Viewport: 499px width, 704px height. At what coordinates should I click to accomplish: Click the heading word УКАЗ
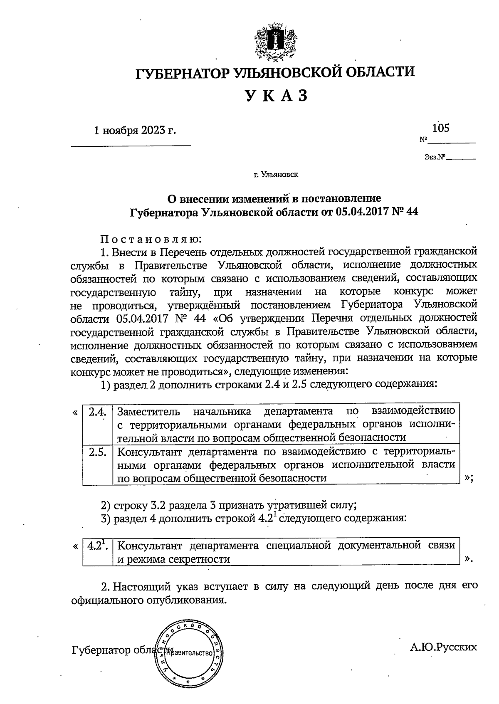[276, 96]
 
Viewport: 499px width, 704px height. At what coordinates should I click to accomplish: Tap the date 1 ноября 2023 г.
[135, 131]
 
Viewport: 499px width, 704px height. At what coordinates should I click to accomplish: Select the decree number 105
[441, 128]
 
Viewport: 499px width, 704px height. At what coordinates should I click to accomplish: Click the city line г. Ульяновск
[276, 175]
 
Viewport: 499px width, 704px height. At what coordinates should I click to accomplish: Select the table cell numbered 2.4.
[98, 412]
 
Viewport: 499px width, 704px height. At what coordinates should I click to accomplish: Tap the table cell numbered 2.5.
[98, 452]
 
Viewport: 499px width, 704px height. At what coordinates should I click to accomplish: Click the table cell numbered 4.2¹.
[98, 546]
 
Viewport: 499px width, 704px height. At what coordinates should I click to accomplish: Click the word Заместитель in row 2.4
[148, 412]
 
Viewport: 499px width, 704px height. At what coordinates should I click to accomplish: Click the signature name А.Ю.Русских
[443, 647]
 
